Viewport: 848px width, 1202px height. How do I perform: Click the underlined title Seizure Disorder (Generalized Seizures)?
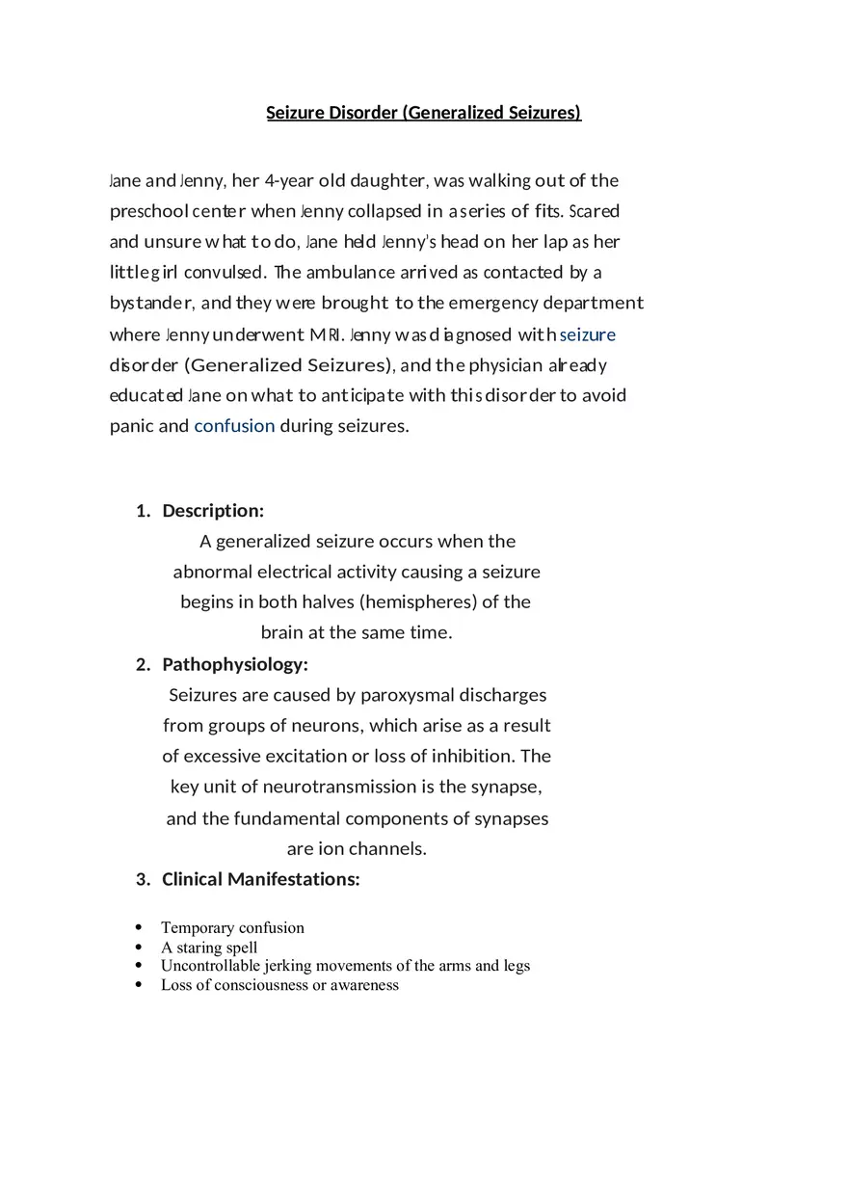[x=423, y=113]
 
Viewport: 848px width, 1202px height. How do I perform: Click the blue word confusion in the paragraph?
[x=234, y=426]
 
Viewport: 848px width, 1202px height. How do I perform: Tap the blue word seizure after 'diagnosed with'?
[x=587, y=334]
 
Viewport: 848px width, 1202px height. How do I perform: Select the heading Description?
[x=213, y=510]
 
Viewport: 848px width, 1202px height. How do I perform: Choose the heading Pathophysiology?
[x=235, y=664]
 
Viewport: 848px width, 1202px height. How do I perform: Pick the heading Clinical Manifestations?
[x=260, y=879]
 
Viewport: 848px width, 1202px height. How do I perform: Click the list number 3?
[x=143, y=879]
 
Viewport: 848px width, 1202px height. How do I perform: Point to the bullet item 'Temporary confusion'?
[x=232, y=927]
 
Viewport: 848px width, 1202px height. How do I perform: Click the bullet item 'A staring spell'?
[x=209, y=947]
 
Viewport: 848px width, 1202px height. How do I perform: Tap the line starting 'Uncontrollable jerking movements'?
[x=345, y=965]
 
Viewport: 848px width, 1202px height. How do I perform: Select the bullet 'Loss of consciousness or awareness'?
[x=279, y=984]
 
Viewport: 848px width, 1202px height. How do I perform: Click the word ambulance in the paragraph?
[x=351, y=272]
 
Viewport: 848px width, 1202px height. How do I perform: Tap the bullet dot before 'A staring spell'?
[x=139, y=947]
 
